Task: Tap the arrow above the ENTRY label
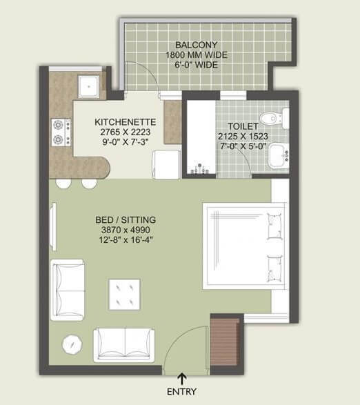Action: [x=182, y=377]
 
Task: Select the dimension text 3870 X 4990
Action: [x=124, y=230]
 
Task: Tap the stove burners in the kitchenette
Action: [x=61, y=133]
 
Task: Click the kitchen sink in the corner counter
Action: [x=88, y=86]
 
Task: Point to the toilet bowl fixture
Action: [x=277, y=117]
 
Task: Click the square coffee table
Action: [x=125, y=295]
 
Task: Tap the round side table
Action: [x=72, y=343]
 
